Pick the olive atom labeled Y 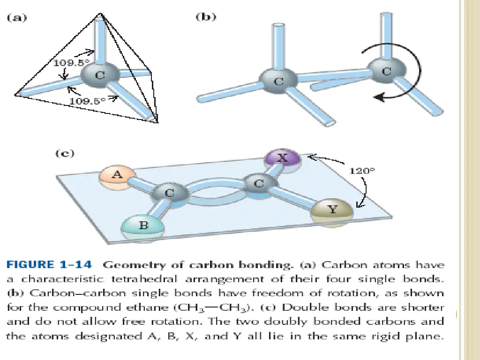tap(332, 210)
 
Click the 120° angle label tap(362, 171)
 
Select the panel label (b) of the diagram tap(205, 18)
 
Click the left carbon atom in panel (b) tap(278, 82)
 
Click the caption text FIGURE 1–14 tap(49, 265)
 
